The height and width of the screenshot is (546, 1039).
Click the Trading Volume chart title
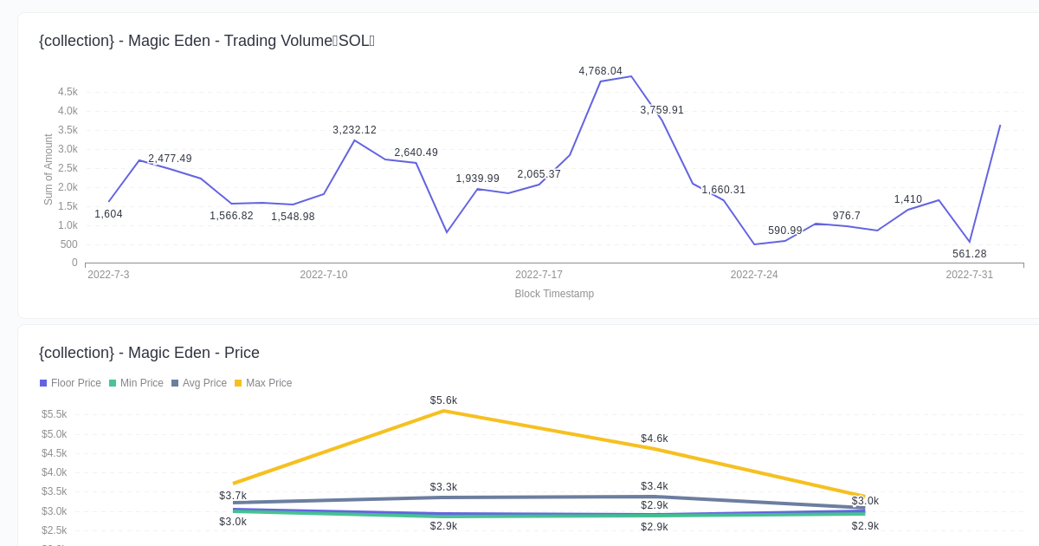click(206, 41)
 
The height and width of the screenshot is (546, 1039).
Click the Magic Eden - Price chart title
click(149, 353)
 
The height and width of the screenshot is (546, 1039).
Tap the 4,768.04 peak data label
click(600, 71)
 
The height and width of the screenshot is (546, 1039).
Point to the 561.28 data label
click(969, 254)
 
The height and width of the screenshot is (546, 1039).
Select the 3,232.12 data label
click(354, 130)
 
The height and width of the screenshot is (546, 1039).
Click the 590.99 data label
click(784, 231)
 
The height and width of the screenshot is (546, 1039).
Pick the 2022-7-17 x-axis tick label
click(539, 275)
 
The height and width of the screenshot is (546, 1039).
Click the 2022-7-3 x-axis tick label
click(108, 275)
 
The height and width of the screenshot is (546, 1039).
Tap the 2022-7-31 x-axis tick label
click(969, 275)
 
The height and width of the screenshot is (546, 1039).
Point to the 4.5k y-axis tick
click(68, 92)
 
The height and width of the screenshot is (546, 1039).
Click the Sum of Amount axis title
click(48, 169)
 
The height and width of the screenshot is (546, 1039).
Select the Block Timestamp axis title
click(554, 294)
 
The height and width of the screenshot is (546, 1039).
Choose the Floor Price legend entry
click(70, 383)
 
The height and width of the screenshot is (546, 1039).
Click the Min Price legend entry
click(136, 383)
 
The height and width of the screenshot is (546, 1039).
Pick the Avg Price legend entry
click(199, 383)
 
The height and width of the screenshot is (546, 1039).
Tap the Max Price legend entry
click(263, 383)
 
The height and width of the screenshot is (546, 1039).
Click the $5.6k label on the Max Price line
click(443, 400)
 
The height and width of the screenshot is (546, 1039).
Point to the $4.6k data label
click(654, 439)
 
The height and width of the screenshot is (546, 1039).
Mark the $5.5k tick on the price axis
click(54, 414)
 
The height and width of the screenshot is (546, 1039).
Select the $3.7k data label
click(232, 496)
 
